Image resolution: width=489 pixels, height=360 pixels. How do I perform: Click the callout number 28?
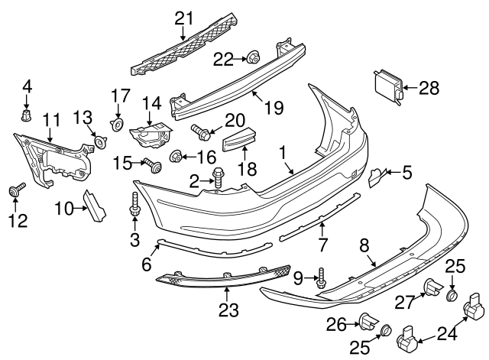[x=429, y=88]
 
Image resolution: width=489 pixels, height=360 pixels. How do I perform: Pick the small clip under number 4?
[x=28, y=115]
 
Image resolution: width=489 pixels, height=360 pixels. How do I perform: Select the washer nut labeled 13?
[x=99, y=140]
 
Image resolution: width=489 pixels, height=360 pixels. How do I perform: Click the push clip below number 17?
[x=118, y=123]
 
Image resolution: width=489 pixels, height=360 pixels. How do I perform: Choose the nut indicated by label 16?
[x=175, y=157]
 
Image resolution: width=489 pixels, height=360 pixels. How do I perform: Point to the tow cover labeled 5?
[x=377, y=178]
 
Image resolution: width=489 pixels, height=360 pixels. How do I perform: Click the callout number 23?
[x=228, y=310]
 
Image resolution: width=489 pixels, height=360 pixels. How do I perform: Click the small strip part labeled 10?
[x=95, y=206]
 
